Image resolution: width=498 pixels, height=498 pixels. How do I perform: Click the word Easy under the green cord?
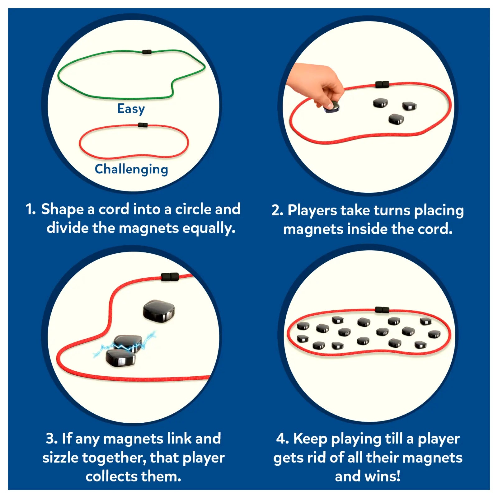(x=131, y=109)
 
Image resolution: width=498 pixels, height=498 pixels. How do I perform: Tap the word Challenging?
(x=131, y=169)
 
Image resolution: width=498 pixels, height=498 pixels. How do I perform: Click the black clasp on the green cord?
(x=147, y=52)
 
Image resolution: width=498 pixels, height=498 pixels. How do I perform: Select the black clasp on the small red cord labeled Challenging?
(x=143, y=125)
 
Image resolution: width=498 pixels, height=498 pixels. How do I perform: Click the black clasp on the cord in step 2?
(x=382, y=84)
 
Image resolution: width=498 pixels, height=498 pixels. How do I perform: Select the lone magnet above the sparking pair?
(x=159, y=311)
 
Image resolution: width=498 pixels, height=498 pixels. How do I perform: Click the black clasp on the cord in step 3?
(x=170, y=277)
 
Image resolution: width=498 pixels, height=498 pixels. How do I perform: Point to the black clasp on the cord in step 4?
(x=382, y=310)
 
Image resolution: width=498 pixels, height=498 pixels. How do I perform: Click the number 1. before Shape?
(x=31, y=209)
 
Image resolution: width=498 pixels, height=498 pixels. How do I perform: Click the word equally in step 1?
(x=209, y=228)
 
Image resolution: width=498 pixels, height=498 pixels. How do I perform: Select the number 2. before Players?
(x=277, y=210)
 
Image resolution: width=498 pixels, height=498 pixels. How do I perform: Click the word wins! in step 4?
(x=382, y=477)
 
